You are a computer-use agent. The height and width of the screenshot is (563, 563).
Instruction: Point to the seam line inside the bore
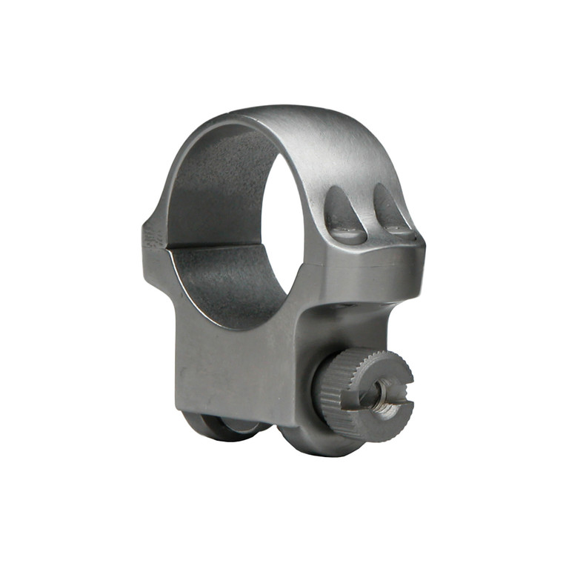pyautogui.click(x=215, y=247)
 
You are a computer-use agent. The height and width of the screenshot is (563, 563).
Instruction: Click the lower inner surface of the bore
pyautogui.click(x=230, y=285)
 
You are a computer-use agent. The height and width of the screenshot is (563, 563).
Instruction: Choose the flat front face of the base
pyautogui.click(x=237, y=370)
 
